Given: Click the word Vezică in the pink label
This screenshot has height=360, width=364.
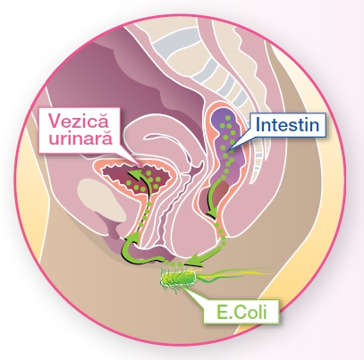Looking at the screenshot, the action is tap(79, 121).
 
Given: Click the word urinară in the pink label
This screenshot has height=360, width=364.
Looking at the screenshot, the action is tap(80, 138).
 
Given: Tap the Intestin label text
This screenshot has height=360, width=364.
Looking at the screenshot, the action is tap(287, 125).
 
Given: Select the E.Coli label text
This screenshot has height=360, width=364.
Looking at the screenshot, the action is tap(241, 313).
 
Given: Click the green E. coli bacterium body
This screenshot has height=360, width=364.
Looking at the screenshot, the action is tap(179, 279).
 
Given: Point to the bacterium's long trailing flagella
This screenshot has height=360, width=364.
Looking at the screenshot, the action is tap(234, 273).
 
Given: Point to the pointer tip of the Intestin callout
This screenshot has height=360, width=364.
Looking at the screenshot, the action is tap(225, 151).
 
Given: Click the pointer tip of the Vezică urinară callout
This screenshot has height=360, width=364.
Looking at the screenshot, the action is tap(142, 165).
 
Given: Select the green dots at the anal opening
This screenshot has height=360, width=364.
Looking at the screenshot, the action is tap(174, 264).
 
